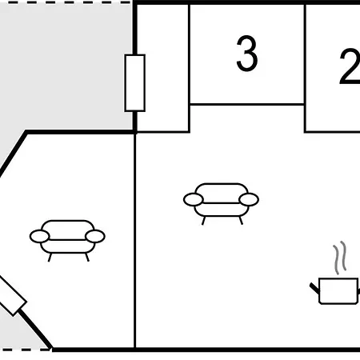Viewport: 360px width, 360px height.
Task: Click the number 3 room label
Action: click(247, 54)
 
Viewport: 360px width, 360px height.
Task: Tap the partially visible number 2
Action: click(350, 66)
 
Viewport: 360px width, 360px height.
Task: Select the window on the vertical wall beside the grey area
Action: click(135, 83)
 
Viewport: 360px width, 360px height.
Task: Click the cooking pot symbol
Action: click(337, 290)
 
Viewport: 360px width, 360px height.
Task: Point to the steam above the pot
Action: click(340, 258)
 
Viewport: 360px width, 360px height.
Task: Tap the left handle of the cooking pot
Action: click(314, 289)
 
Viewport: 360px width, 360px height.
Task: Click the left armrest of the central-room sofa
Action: click(194, 200)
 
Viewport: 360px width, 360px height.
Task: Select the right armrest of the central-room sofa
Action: click(249, 200)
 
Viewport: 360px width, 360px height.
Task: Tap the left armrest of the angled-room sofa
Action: click(40, 237)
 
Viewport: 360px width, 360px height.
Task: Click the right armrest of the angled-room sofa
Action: click(95, 237)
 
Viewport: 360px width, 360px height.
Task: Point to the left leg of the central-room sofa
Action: click(204, 221)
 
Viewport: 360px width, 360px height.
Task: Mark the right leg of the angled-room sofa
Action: click(87, 258)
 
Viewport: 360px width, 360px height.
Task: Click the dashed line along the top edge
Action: click(66, 2)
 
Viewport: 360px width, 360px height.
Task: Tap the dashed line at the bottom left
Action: click(26, 350)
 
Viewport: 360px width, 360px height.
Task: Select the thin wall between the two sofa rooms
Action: click(135, 240)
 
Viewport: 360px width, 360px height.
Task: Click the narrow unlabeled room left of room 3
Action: click(162, 68)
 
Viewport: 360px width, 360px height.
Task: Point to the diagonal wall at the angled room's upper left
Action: click(14, 154)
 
